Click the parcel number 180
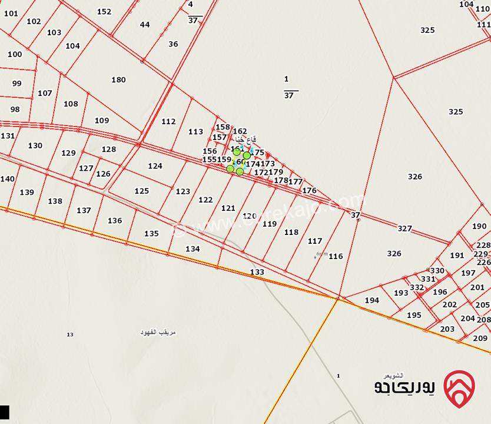pyautogui.click(x=118, y=80)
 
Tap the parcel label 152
pyautogui.click(x=104, y=12)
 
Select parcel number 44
pyautogui.click(x=145, y=25)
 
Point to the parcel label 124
pyautogui.click(x=155, y=166)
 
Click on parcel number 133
pyautogui.click(x=257, y=272)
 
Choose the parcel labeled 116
pyautogui.click(x=336, y=256)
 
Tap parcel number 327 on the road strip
pyautogui.click(x=404, y=228)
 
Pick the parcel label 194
pyautogui.click(x=371, y=300)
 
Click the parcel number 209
pyautogui.click(x=480, y=338)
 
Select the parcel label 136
pyautogui.click(x=115, y=221)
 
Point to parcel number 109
pyautogui.click(x=102, y=121)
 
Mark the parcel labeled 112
pyautogui.click(x=168, y=122)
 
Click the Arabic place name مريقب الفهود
pyautogui.click(x=158, y=333)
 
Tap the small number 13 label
pyautogui.click(x=70, y=334)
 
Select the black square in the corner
pyautogui.click(x=5, y=412)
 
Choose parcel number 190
pyautogui.click(x=479, y=226)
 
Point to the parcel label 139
pyautogui.click(x=26, y=193)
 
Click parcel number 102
pyautogui.click(x=34, y=22)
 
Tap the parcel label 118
pyautogui.click(x=291, y=233)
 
